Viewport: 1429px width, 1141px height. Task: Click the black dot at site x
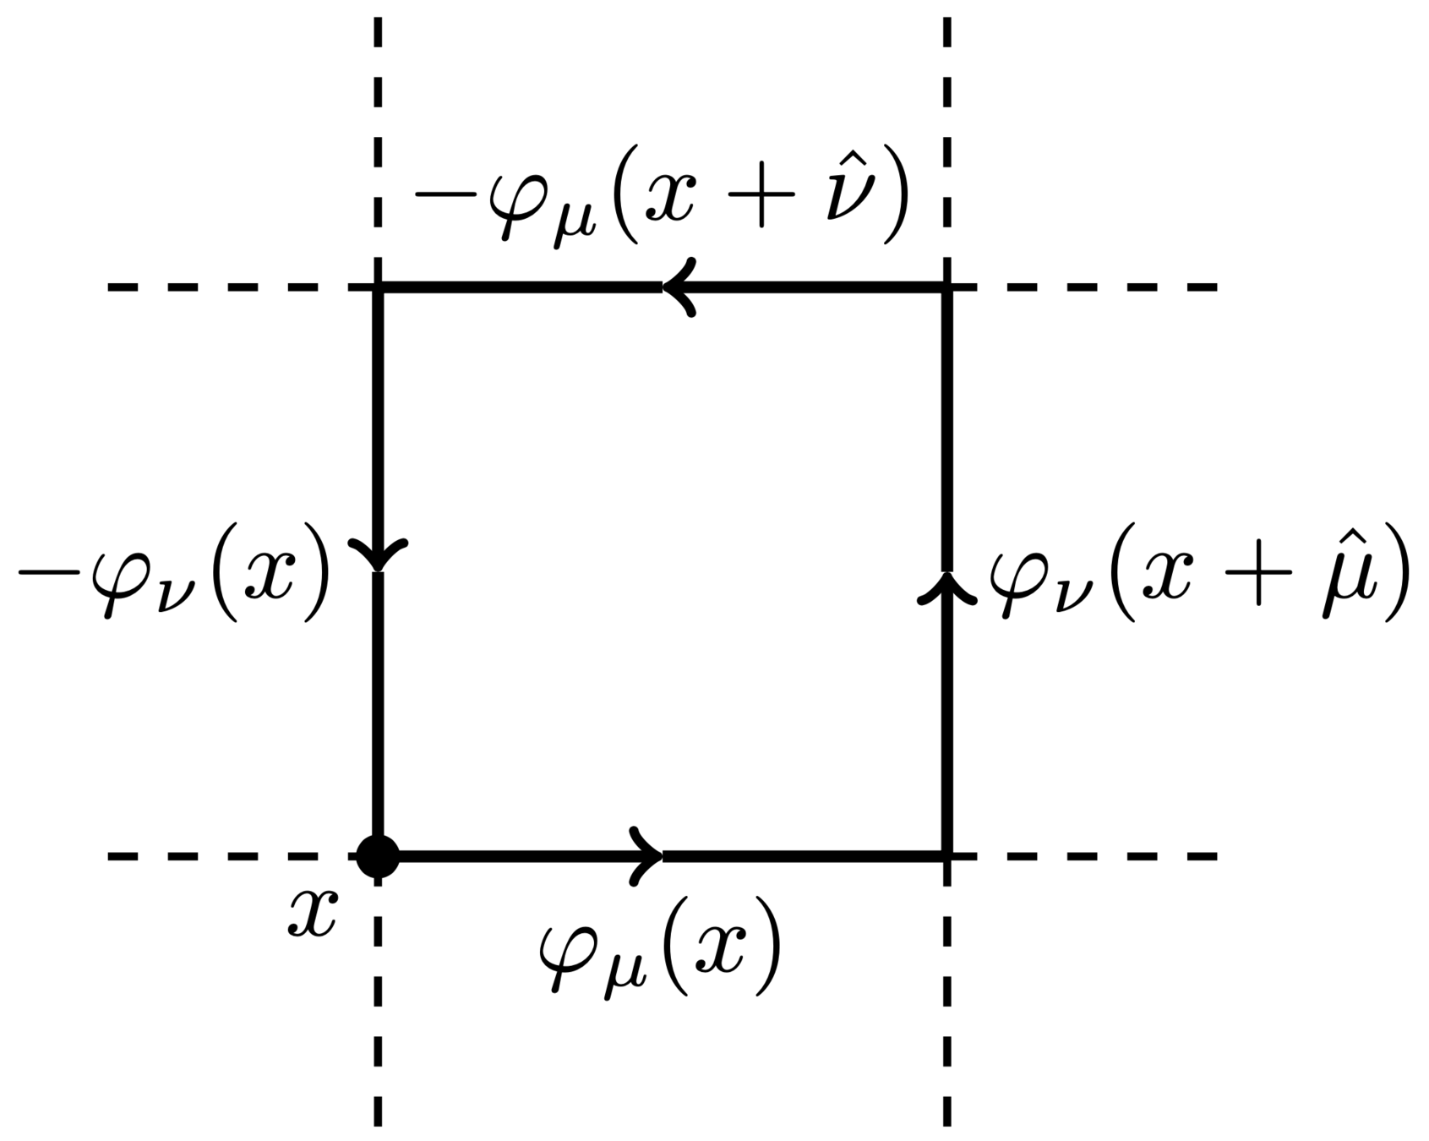click(x=377, y=856)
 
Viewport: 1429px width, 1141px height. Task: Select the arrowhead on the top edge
click(x=679, y=287)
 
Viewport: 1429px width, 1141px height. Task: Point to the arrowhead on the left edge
click(x=378, y=554)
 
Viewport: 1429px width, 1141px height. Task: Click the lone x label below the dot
click(x=312, y=914)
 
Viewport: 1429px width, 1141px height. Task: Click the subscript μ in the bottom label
click(x=620, y=971)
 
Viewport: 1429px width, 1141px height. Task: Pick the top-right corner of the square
click(x=946, y=287)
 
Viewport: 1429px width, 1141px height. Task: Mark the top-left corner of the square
click(x=378, y=287)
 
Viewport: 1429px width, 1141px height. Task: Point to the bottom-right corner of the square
click(x=946, y=856)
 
